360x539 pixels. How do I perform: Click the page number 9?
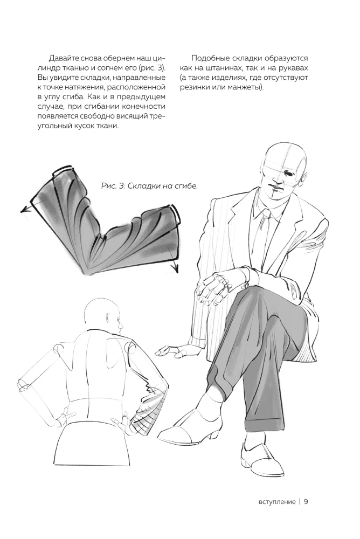[x=306, y=501]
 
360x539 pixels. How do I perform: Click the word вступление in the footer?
[x=277, y=502]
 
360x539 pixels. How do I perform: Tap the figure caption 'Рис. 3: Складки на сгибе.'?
[x=150, y=186]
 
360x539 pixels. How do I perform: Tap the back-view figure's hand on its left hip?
[x=61, y=418]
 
